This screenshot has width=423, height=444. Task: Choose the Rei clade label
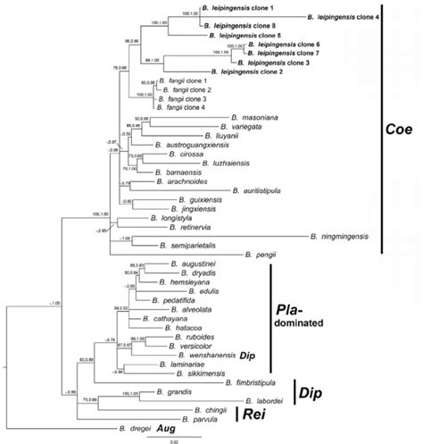[x=254, y=414]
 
